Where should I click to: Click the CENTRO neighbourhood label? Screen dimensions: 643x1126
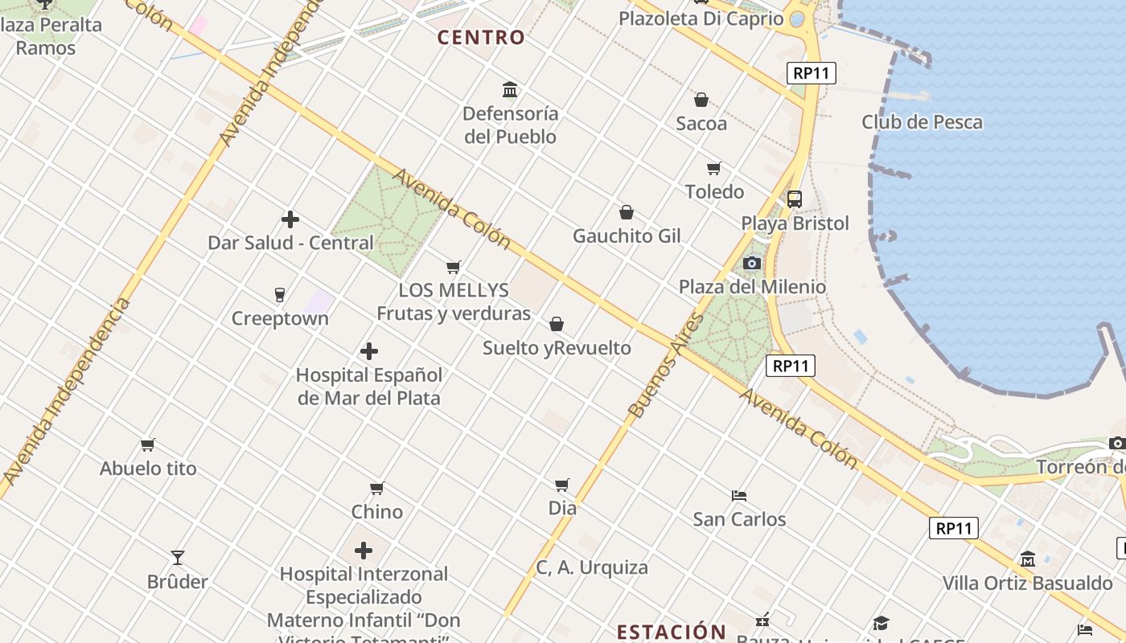pos(481,37)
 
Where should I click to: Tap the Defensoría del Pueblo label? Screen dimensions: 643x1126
pos(510,125)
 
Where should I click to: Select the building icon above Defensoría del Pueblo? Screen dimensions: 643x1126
pos(510,89)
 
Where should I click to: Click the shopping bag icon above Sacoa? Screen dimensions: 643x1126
pos(701,100)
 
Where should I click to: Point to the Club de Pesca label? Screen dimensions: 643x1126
pos(922,122)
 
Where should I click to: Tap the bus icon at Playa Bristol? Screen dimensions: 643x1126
pos(795,199)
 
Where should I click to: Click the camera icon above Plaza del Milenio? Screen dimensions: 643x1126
pos(752,263)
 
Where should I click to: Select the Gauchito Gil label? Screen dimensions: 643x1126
pos(627,235)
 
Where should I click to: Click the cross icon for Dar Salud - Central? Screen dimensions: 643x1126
pos(290,219)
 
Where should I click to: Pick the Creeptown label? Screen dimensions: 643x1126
pos(280,318)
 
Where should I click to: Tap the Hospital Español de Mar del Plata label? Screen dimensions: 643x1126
pos(369,386)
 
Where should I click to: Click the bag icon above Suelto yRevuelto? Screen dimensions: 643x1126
pos(557,324)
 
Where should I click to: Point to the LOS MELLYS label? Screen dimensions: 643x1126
pos(454,290)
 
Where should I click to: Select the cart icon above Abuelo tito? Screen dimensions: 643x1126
pos(148,444)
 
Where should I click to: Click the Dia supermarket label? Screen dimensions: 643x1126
pos(562,508)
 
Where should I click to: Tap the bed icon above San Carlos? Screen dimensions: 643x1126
pos(739,495)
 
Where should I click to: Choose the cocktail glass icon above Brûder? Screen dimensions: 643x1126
pos(178,558)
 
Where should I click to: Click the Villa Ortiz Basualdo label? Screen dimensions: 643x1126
pos(1027,583)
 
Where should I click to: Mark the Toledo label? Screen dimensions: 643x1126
pos(714,191)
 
